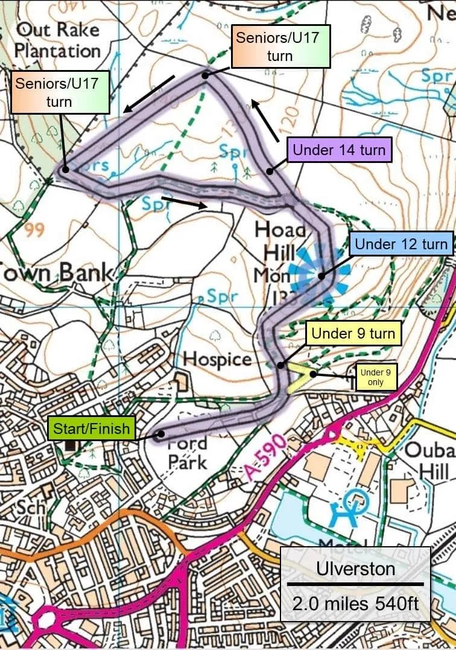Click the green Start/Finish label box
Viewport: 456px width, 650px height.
tap(91, 429)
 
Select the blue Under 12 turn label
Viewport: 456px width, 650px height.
tap(401, 244)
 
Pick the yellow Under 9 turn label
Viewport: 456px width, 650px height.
tap(353, 333)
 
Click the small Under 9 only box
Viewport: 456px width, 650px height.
tap(376, 377)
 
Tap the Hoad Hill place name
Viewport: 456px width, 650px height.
tap(281, 241)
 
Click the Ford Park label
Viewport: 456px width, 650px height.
tap(187, 453)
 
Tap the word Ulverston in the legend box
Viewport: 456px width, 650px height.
tap(355, 569)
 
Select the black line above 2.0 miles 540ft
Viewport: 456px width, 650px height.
tap(355, 584)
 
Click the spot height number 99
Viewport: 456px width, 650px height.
tap(33, 231)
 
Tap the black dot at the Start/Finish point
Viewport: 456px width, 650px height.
tap(161, 434)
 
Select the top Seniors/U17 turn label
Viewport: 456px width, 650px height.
tap(280, 46)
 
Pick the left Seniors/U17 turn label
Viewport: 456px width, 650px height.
tap(60, 92)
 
